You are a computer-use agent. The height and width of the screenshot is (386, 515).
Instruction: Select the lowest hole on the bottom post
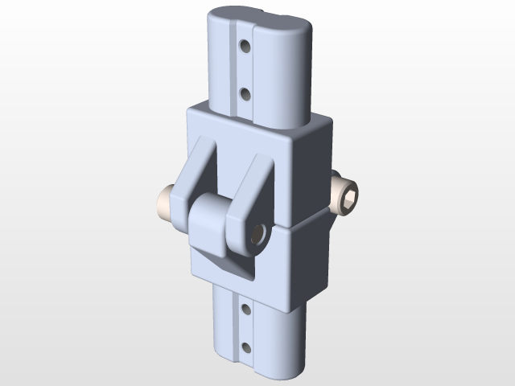pos(245,347)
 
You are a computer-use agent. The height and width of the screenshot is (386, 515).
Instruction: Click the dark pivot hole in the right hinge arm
pos(258,233)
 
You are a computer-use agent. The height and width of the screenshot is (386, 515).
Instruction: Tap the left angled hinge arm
pos(196,173)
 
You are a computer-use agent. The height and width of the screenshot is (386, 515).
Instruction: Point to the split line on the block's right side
pos(310,219)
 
